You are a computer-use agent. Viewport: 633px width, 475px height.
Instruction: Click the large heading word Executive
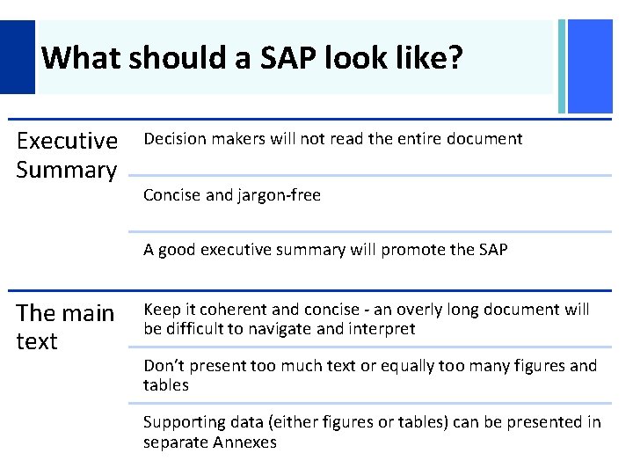(x=67, y=141)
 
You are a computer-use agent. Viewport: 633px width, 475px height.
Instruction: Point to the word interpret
(x=380, y=329)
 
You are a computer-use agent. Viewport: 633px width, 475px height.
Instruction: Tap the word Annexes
(x=244, y=442)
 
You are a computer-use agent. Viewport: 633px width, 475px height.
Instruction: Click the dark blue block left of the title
(x=17, y=57)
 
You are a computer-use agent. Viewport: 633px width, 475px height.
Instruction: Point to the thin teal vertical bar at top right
(x=562, y=67)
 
